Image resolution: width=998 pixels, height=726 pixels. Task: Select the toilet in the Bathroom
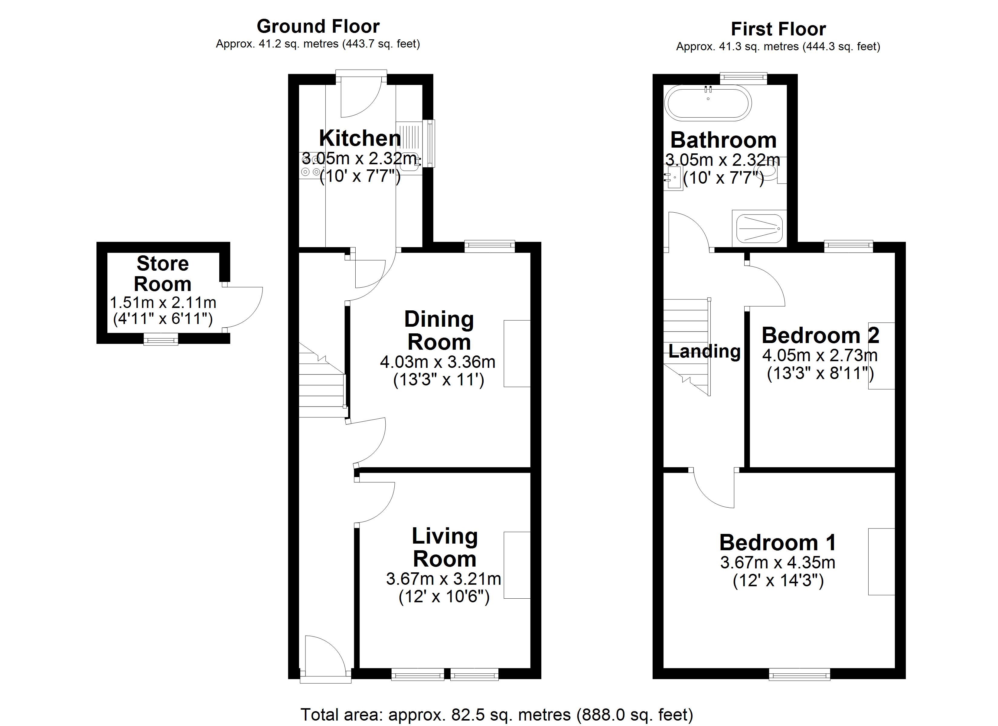(770, 171)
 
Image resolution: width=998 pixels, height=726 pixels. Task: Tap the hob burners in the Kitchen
(310, 165)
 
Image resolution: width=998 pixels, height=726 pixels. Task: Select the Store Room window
(161, 339)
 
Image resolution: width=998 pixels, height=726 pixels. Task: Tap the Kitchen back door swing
(360, 99)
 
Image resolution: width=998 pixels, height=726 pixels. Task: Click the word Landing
(704, 351)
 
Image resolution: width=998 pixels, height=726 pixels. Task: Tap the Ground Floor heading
(318, 26)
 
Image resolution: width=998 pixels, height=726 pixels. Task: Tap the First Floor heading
(778, 29)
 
